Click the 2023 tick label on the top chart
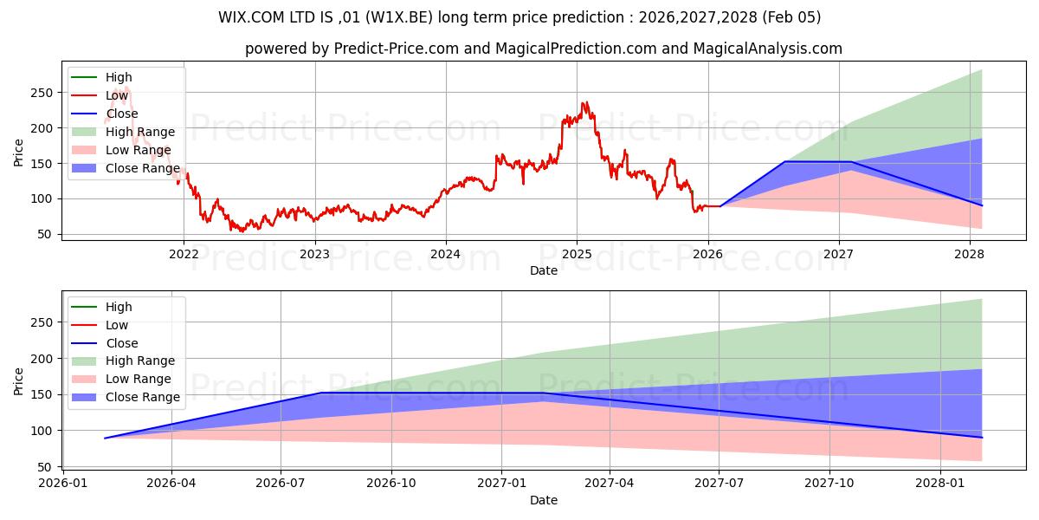pyautogui.click(x=314, y=254)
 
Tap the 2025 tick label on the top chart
pyautogui.click(x=577, y=254)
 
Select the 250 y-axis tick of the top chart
pyautogui.click(x=42, y=93)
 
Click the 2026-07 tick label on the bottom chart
pyautogui.click(x=281, y=484)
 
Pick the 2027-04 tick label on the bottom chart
pyautogui.click(x=610, y=484)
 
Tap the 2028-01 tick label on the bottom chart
pyautogui.click(x=939, y=484)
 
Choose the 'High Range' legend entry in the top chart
pyautogui.click(x=139, y=132)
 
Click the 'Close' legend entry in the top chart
pyautogui.click(x=122, y=114)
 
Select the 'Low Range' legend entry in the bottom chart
pyautogui.click(x=139, y=379)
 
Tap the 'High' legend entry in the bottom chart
pyautogui.click(x=119, y=307)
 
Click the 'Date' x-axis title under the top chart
pyautogui.click(x=544, y=270)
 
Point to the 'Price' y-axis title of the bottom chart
pyautogui.click(x=19, y=380)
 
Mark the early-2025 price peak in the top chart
pyautogui.click(x=584, y=102)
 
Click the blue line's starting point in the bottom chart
pyautogui.click(x=105, y=438)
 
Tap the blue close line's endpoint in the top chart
pyautogui.click(x=982, y=205)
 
